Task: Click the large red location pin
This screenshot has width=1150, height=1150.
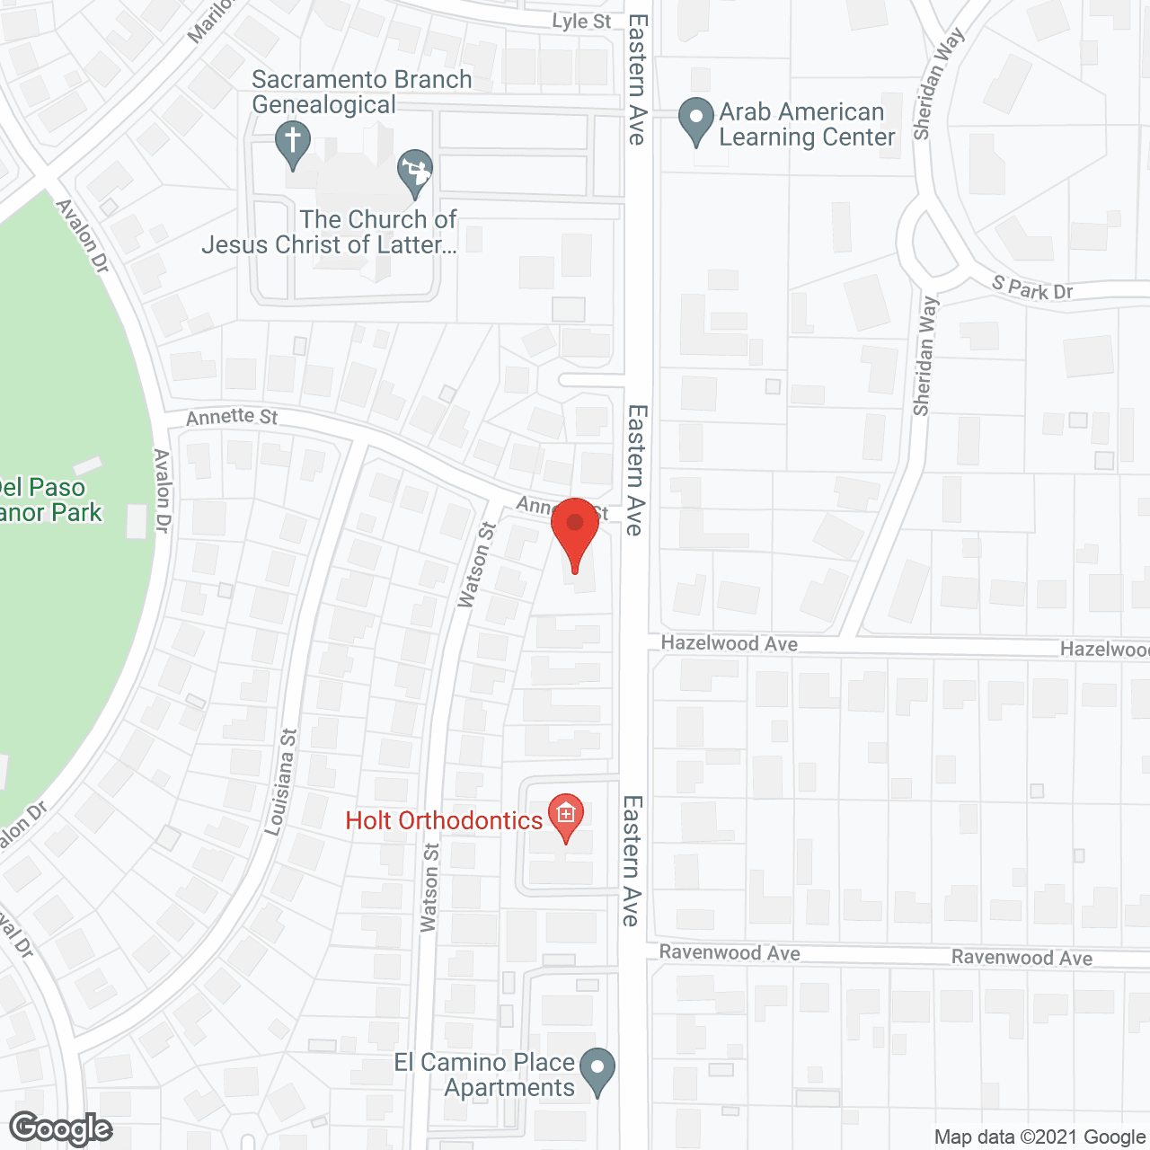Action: (x=575, y=530)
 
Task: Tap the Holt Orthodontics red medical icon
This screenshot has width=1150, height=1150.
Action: (x=566, y=816)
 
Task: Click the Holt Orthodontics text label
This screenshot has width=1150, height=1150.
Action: (x=444, y=820)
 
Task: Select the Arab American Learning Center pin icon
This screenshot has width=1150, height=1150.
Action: (x=694, y=119)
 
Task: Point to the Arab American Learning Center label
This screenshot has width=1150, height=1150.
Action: (x=806, y=125)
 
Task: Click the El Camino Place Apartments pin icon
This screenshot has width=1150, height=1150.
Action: (x=597, y=1069)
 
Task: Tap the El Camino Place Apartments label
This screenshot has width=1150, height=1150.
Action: (x=485, y=1075)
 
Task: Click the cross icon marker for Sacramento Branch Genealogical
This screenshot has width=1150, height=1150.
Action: (x=292, y=142)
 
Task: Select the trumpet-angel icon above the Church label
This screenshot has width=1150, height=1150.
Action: (x=415, y=170)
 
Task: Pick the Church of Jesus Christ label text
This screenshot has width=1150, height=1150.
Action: (x=330, y=232)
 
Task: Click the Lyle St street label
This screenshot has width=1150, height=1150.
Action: (x=581, y=22)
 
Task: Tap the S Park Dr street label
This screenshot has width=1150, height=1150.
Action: (x=1032, y=288)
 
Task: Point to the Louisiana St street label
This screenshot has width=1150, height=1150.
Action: (x=280, y=782)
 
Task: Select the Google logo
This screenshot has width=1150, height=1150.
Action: (x=60, y=1128)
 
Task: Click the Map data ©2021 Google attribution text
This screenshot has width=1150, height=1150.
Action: (x=1039, y=1137)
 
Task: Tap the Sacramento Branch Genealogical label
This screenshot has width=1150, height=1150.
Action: (x=361, y=93)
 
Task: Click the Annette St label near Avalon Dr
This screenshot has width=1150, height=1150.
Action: (x=232, y=417)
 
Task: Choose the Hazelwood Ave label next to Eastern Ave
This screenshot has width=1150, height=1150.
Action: (x=729, y=643)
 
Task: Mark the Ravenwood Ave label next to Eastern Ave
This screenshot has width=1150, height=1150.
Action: (x=729, y=952)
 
